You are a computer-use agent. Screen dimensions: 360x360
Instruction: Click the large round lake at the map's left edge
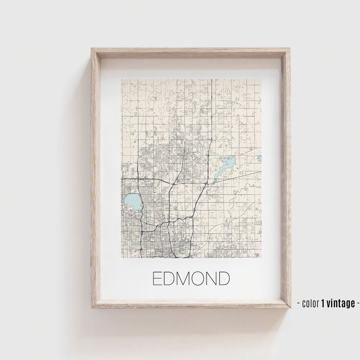click(x=131, y=202)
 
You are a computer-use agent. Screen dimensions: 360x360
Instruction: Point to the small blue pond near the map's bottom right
click(x=230, y=221)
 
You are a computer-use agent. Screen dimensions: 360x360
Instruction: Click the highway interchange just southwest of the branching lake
click(x=206, y=184)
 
